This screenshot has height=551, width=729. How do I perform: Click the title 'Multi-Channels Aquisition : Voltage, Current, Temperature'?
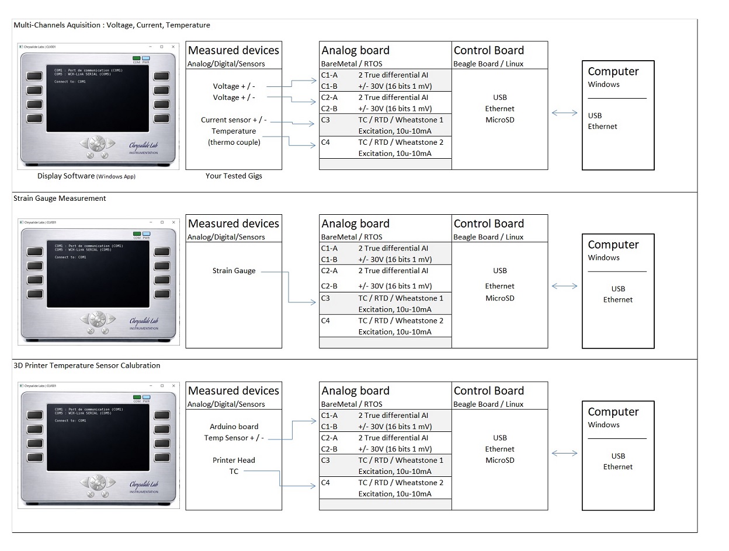click(112, 25)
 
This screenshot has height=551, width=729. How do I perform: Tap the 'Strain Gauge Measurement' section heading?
click(60, 198)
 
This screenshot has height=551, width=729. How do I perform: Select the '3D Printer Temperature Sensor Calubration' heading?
click(86, 365)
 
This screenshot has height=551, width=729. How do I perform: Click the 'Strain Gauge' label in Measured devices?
click(234, 271)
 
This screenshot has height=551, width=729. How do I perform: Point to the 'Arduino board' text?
click(234, 427)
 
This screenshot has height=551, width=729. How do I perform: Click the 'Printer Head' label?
click(234, 461)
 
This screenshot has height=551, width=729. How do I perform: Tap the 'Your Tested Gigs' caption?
click(234, 176)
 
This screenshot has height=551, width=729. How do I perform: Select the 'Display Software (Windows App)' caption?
click(86, 176)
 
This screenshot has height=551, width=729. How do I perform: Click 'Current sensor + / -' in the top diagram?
click(234, 120)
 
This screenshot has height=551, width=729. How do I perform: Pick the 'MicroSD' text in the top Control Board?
click(499, 120)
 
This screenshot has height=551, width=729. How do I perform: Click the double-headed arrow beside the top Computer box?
click(564, 113)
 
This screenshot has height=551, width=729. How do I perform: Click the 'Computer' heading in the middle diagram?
click(613, 245)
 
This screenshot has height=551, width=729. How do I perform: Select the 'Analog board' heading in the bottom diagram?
click(355, 390)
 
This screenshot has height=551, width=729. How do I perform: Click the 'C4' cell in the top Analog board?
click(325, 142)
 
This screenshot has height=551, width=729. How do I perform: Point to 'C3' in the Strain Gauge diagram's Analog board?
click(325, 298)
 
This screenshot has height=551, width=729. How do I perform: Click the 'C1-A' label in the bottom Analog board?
click(329, 416)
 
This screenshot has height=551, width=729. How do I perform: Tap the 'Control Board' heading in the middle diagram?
click(488, 224)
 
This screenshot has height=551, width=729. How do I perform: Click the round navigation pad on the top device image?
click(98, 143)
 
